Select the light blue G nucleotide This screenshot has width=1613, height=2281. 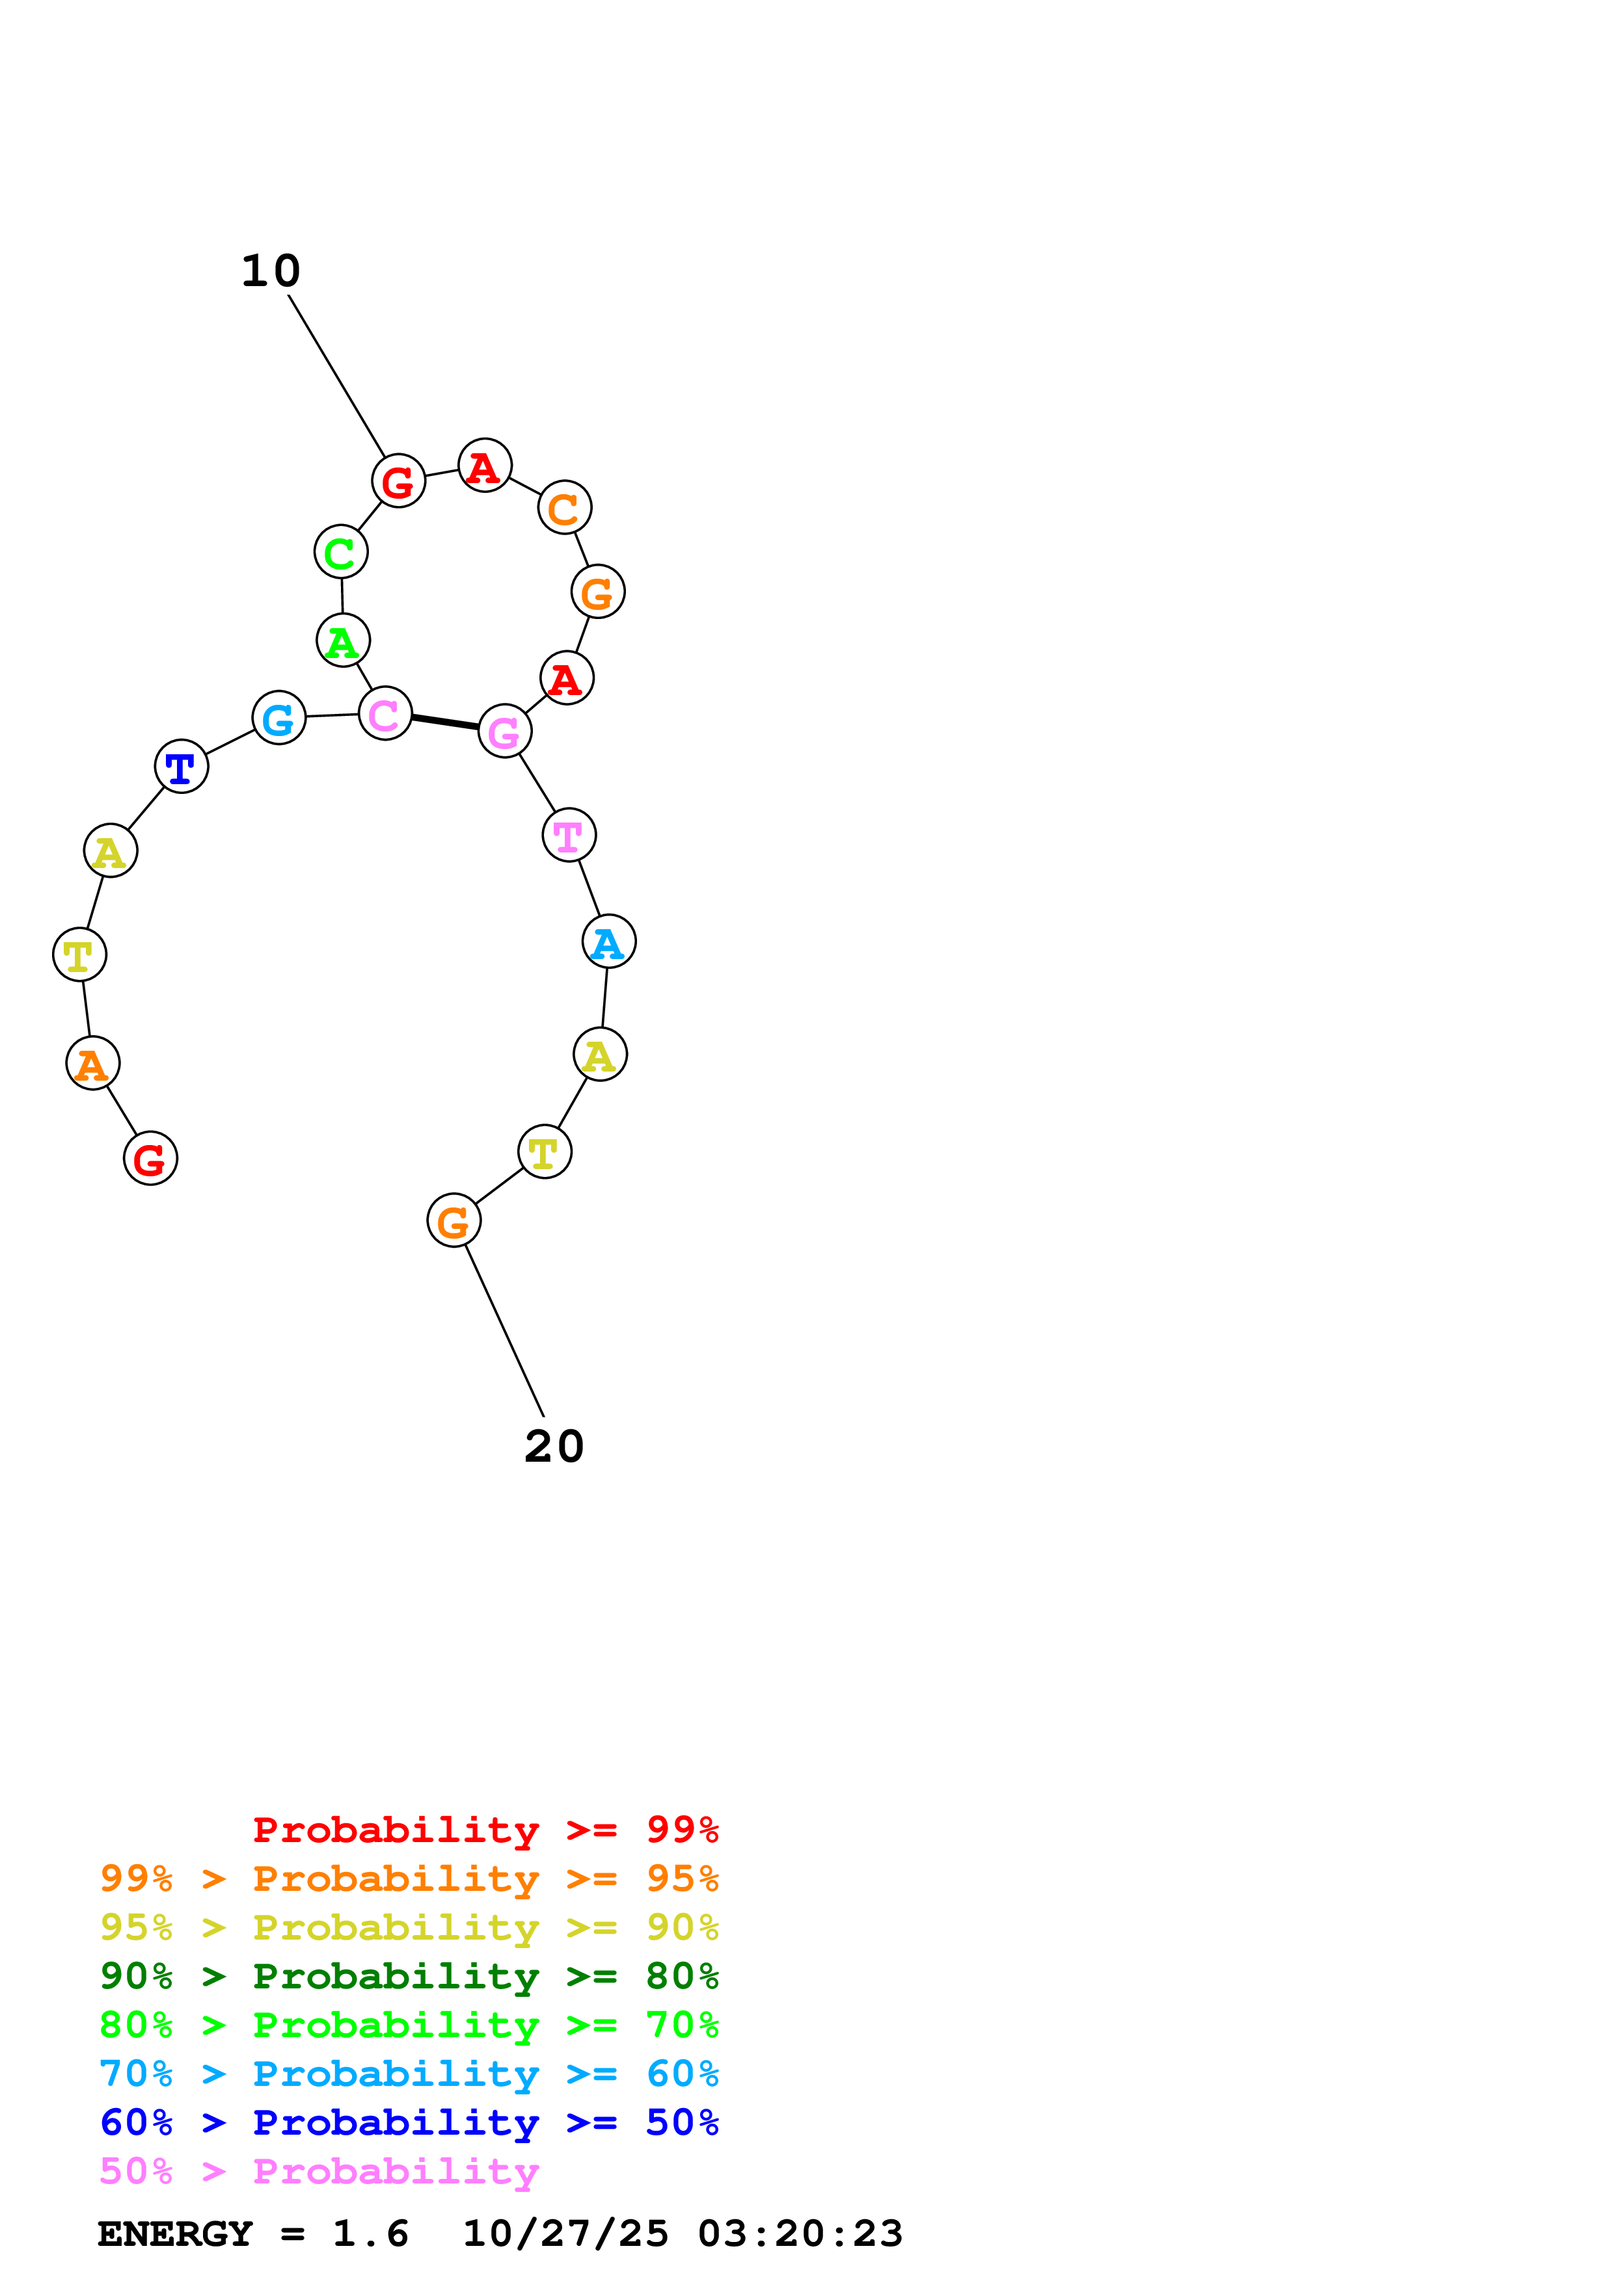click(278, 717)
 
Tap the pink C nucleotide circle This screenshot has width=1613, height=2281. click(385, 713)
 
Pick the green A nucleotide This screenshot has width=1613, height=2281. click(343, 640)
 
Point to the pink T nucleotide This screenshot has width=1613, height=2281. click(569, 836)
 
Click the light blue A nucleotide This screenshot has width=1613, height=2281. click(608, 942)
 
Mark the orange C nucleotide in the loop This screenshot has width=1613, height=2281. click(565, 508)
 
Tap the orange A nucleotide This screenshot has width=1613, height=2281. click(92, 1064)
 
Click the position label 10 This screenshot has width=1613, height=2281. click(270, 271)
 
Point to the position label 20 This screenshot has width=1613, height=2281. click(554, 1447)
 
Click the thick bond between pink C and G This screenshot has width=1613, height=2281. click(444, 722)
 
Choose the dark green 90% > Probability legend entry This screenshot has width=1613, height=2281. click(409, 1977)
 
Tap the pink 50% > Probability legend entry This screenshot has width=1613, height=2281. click(319, 2172)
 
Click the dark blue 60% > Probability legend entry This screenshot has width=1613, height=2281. click(409, 2123)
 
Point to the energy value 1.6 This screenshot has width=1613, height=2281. click(370, 2234)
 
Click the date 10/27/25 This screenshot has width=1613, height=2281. click(565, 2234)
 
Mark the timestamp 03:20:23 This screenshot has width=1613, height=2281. click(800, 2234)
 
